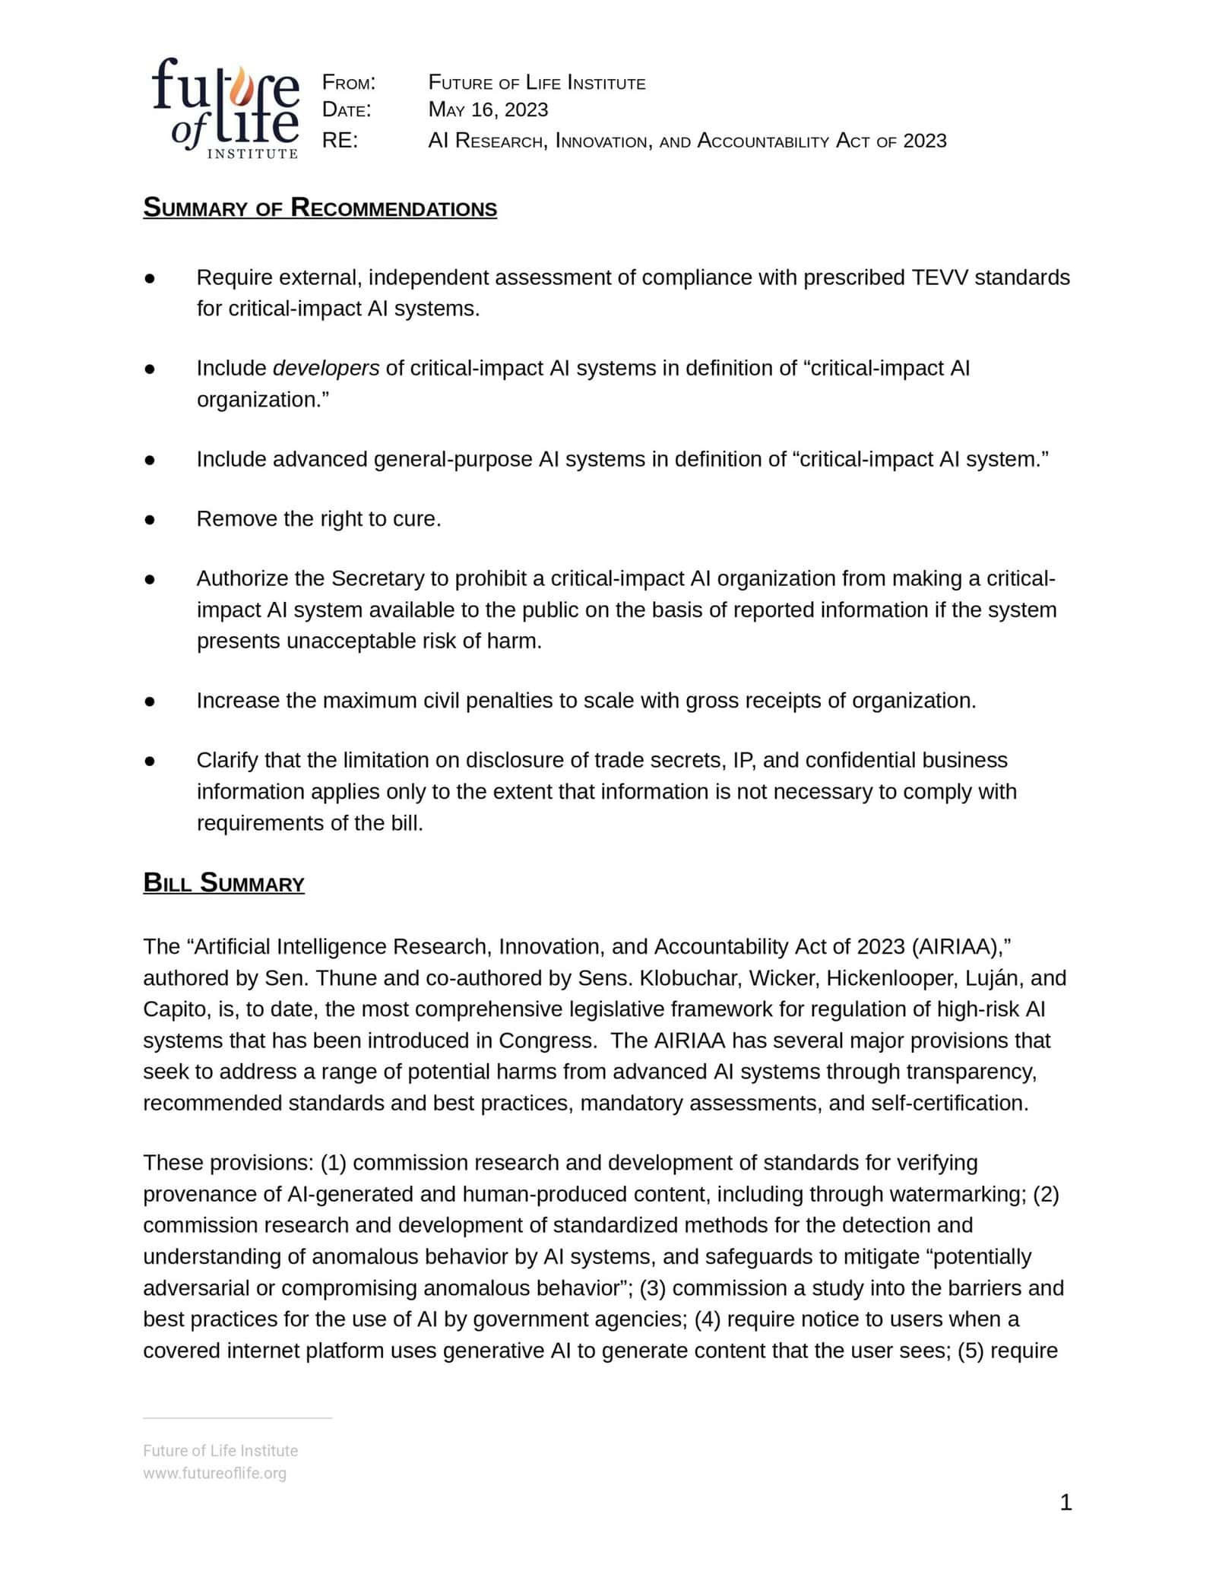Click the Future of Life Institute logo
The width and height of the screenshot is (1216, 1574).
point(225,108)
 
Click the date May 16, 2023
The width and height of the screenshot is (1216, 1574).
point(488,109)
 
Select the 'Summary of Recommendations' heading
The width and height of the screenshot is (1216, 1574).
point(320,207)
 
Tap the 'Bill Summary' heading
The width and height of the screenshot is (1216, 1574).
point(223,882)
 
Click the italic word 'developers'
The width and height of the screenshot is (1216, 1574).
point(325,368)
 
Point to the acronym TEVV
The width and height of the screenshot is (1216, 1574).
point(939,277)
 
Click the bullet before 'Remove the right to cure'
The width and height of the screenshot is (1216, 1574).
point(150,519)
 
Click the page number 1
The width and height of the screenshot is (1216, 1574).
point(1065,1502)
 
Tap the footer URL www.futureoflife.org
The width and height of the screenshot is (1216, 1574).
point(214,1473)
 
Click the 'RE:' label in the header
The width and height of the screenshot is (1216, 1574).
point(340,141)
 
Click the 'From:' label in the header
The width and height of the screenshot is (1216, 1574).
point(349,82)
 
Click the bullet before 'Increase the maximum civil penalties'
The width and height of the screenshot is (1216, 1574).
point(150,701)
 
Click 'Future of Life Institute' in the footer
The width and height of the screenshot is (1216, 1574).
point(220,1450)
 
